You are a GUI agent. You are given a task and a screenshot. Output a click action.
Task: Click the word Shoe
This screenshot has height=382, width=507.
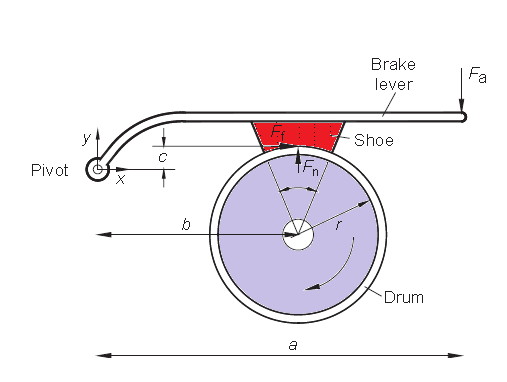pos(374,141)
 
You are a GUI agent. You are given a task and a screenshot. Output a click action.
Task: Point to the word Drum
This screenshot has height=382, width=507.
pos(404,297)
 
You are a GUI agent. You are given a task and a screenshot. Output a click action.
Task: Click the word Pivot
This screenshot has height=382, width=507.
pos(49,171)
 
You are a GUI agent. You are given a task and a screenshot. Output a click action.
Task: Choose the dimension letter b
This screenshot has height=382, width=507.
pos(186,225)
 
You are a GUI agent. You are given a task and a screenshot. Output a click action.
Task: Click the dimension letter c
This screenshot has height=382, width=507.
pos(162,156)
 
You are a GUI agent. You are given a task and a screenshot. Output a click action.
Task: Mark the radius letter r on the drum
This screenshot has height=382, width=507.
pos(338,226)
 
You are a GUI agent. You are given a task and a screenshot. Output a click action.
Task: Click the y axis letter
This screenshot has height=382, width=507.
pos(87,136)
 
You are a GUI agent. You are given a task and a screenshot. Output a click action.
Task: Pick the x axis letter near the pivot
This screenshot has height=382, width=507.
pos(121,180)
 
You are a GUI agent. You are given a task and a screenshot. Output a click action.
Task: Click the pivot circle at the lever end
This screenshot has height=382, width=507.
pos(98,169)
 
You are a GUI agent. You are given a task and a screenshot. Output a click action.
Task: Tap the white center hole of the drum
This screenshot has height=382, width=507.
pos(297,237)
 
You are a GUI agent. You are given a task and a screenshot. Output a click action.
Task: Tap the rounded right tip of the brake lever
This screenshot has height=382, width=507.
pos(462,117)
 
